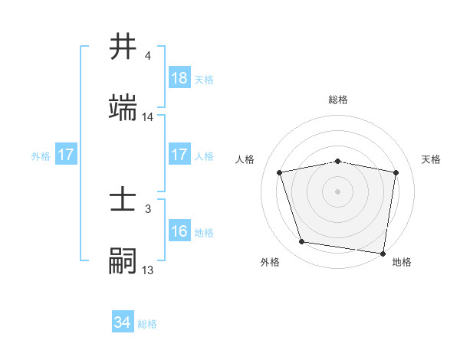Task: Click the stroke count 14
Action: pos(148,117)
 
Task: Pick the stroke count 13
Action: pos(148,270)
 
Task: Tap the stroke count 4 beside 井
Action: pos(148,56)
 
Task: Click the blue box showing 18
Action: pos(179,78)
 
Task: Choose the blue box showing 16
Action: pos(179,231)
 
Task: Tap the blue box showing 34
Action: pos(123,323)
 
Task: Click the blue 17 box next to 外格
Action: pos(66,155)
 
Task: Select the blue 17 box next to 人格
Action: pos(179,155)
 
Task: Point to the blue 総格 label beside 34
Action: pos(147,324)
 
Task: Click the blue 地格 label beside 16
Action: pos(204,232)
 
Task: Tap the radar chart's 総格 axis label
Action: pos(338,100)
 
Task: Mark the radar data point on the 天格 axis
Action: pos(396,172)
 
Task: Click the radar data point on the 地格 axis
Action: pos(383,253)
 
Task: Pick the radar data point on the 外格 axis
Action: pos(302,242)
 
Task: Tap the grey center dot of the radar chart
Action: pos(338,191)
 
